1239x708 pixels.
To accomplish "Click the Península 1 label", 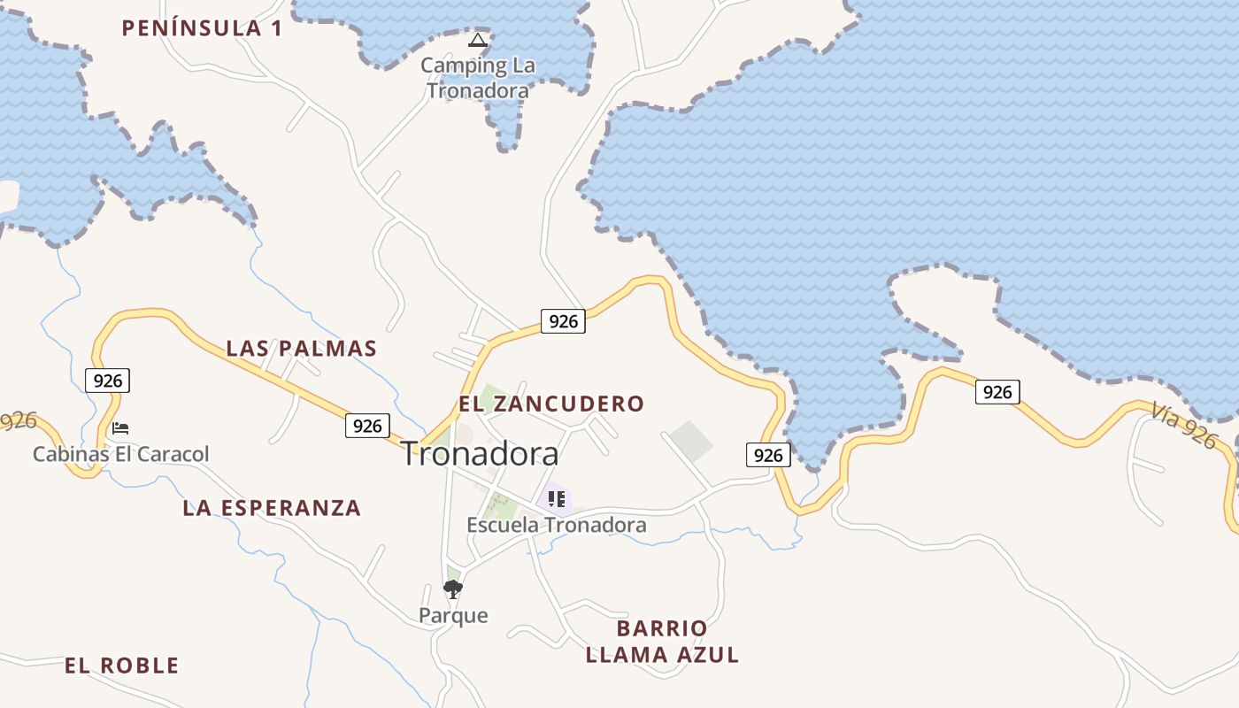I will [202, 28].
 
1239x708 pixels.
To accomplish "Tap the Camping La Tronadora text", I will [478, 78].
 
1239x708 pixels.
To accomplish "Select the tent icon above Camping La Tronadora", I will [478, 40].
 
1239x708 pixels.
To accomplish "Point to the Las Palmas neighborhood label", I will [302, 349].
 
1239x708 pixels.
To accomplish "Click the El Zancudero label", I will [551, 404].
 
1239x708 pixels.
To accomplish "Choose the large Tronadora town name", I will [481, 454].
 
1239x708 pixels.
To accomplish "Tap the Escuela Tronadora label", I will [557, 525].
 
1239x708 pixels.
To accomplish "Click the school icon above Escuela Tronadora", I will [556, 499].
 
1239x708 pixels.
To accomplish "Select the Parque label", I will [453, 615].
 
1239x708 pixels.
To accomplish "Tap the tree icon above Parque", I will [453, 589].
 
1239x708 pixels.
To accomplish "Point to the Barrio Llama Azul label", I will [662, 642].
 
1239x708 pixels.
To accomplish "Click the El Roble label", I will [121, 666].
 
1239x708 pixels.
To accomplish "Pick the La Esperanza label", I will [272, 508].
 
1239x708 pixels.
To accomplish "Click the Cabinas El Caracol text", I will [121, 455].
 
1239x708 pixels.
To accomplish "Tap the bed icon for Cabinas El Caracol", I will [120, 428].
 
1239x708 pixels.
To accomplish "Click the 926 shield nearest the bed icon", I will [108, 381].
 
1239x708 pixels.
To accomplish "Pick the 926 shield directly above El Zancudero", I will [563, 321].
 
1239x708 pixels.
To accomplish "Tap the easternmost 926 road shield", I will [997, 392].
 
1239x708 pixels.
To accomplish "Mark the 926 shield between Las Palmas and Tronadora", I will [367, 426].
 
